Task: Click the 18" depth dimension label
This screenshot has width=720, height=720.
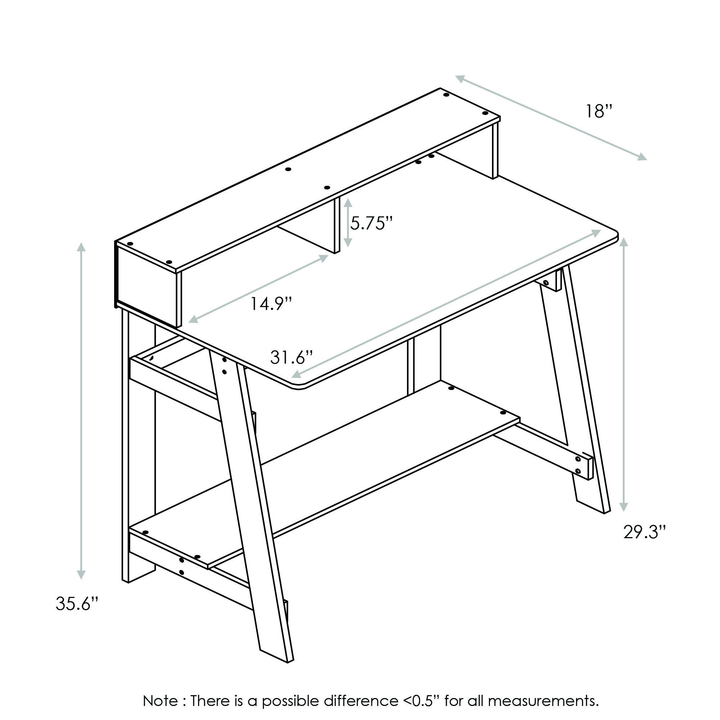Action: click(599, 112)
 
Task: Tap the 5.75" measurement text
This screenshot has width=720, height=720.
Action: click(371, 223)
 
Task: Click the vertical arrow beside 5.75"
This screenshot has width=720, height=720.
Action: click(348, 223)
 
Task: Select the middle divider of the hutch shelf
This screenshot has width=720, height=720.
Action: click(337, 225)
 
